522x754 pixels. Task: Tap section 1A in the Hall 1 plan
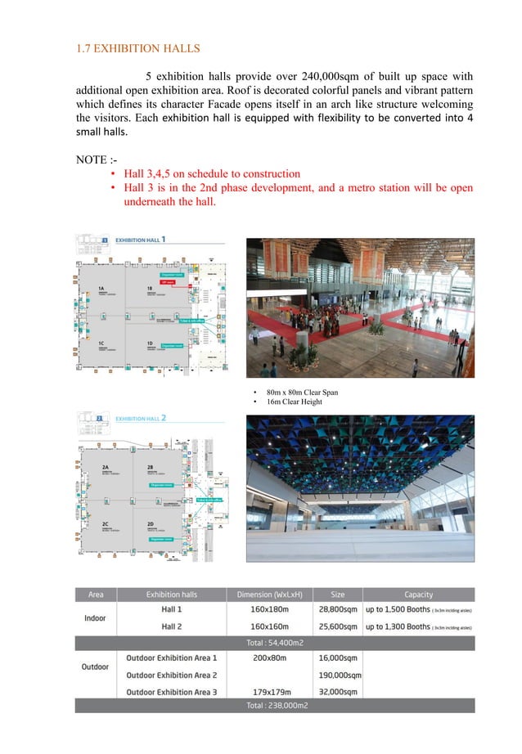(x=103, y=289)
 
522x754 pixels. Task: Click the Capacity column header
(x=418, y=595)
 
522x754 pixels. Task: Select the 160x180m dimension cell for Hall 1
(x=271, y=609)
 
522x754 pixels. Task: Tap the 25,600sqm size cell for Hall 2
(x=338, y=627)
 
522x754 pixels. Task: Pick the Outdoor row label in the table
(x=96, y=666)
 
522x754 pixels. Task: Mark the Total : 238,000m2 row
(x=271, y=706)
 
